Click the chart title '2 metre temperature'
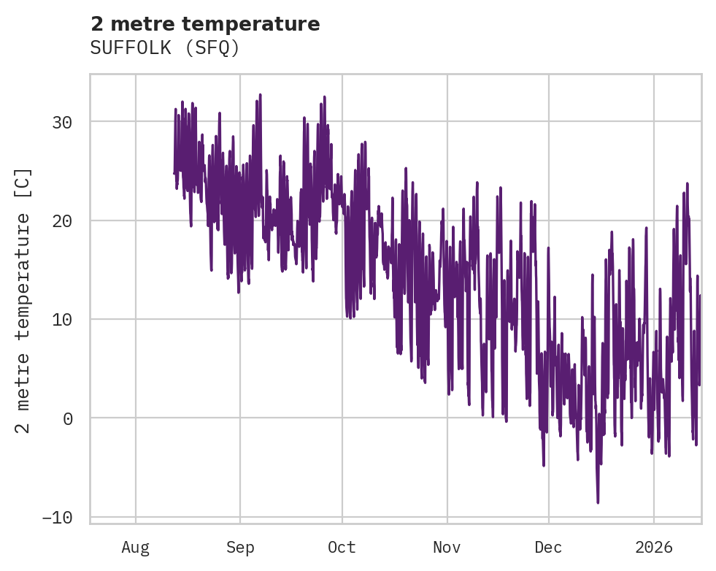(x=205, y=24)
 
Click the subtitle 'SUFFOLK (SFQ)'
(x=165, y=47)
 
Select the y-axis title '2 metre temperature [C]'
(x=23, y=300)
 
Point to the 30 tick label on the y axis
(x=62, y=122)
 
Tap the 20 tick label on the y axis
(x=62, y=221)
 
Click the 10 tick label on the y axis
(x=62, y=319)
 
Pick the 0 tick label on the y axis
(x=68, y=418)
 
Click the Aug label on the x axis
(x=136, y=547)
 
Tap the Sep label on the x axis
(x=240, y=547)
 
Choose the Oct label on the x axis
(x=342, y=547)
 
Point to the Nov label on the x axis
(x=447, y=547)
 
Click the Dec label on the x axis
(x=548, y=547)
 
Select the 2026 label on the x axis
(x=654, y=547)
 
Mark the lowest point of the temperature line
(x=598, y=502)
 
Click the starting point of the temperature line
(x=174, y=173)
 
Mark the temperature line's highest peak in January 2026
(x=687, y=183)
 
